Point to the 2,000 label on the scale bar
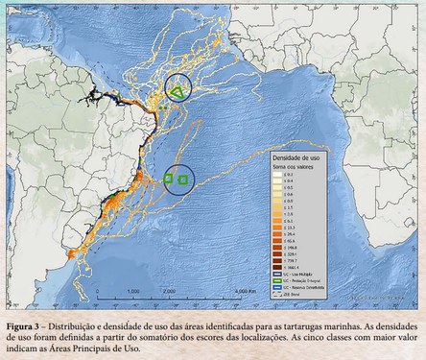tap(169, 289)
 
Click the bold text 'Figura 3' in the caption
tap(25, 315)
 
